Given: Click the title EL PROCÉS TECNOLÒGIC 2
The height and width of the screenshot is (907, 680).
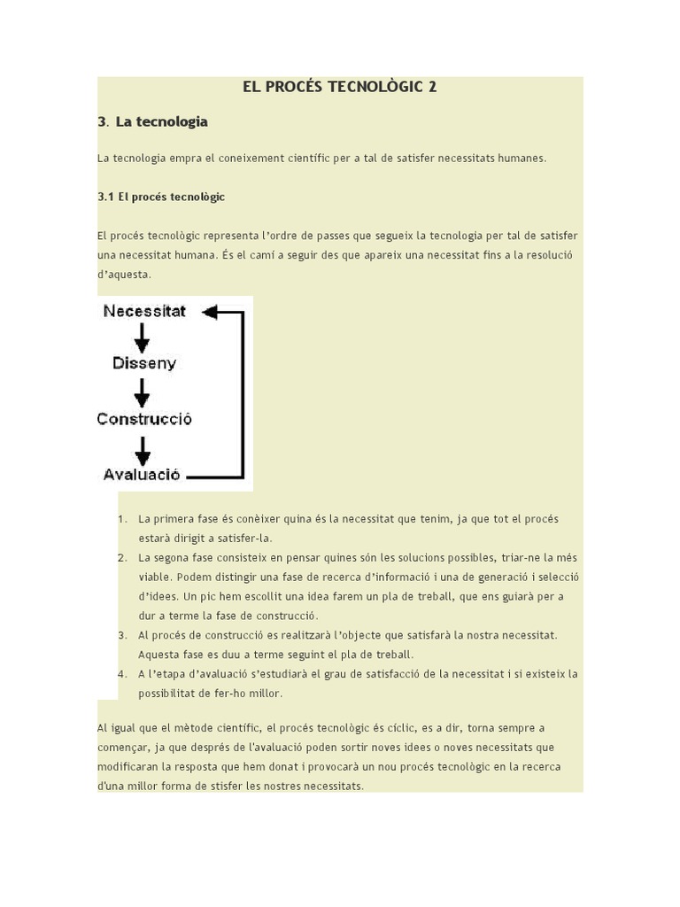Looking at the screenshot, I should [339, 87].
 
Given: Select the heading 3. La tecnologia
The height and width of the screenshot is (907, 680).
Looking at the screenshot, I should [152, 121].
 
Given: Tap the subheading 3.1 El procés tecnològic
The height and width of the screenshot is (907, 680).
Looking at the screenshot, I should [161, 197].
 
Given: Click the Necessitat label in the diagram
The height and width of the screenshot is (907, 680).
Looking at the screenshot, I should [144, 312].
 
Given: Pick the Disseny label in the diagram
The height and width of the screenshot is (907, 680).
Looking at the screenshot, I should [144, 363].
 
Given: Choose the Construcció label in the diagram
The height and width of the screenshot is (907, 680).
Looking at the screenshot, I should [144, 419].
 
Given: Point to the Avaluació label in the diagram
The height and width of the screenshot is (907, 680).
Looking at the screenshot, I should [142, 474].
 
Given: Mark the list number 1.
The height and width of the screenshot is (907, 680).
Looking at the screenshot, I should [121, 519].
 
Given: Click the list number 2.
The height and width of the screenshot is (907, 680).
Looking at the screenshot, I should [121, 558].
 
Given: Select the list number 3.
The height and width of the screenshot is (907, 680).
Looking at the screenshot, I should [121, 635].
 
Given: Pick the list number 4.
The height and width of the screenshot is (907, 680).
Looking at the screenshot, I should [121, 674].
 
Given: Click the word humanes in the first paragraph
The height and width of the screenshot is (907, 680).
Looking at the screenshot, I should [523, 159].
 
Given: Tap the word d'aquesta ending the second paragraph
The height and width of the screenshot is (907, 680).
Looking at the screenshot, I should [124, 275].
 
